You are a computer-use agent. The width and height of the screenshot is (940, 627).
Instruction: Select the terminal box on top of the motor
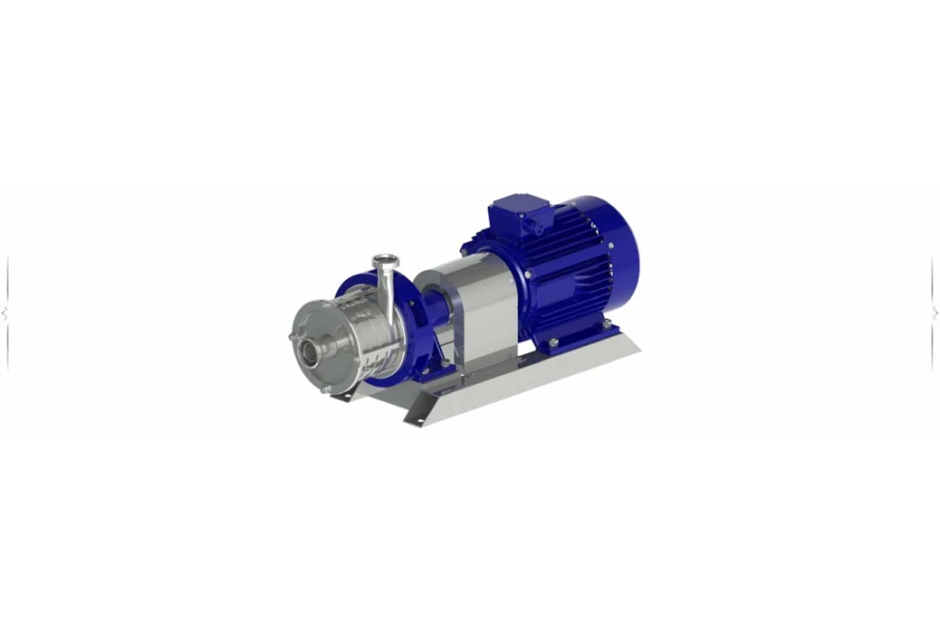point(516,212)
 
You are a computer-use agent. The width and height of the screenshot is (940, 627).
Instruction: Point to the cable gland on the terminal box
point(540,227)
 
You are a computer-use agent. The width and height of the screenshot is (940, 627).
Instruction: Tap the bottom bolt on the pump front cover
point(325,387)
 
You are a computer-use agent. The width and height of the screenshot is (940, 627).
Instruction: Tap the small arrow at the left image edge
point(5,313)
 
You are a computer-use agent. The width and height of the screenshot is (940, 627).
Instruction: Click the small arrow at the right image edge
point(934,313)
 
